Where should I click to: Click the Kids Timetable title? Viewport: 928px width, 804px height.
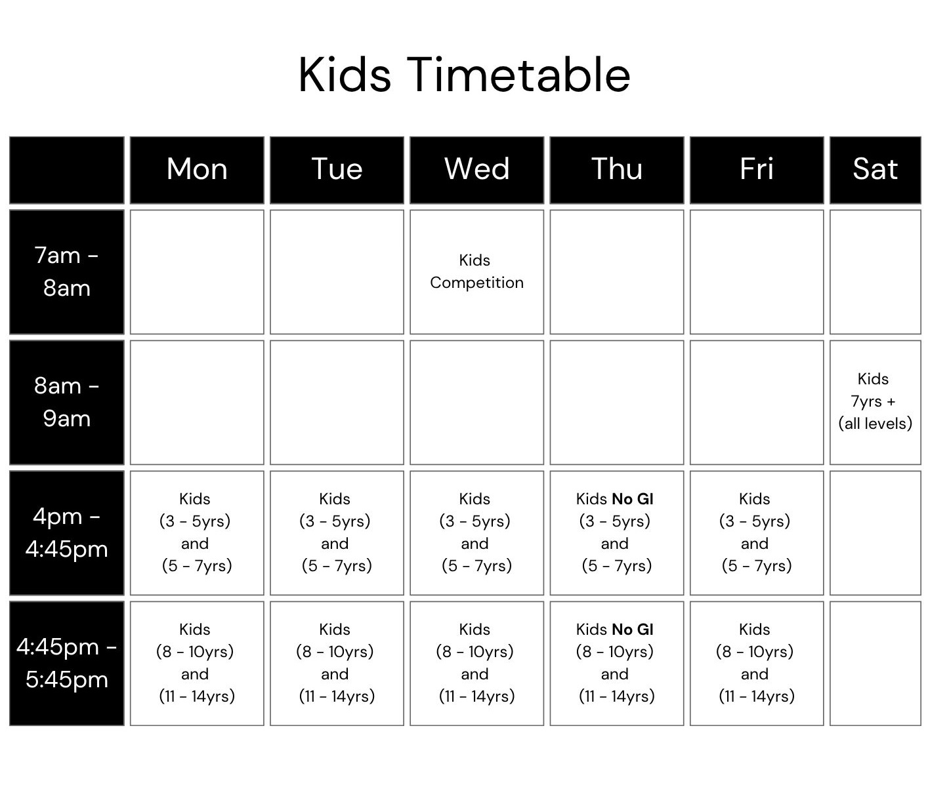[x=464, y=75]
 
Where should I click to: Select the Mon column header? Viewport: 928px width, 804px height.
[x=197, y=170]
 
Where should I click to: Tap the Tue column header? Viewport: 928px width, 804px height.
[x=337, y=170]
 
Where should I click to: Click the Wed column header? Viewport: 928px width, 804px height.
[x=476, y=170]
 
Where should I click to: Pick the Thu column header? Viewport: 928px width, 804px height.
[x=616, y=170]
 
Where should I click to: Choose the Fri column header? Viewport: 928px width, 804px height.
[x=757, y=170]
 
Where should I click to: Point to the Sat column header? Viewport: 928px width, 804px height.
[x=875, y=170]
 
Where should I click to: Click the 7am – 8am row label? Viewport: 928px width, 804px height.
[x=67, y=272]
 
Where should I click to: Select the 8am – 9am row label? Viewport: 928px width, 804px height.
[x=67, y=403]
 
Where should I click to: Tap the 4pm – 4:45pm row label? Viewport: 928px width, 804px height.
[x=67, y=533]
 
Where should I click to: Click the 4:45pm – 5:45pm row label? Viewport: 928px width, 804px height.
[x=67, y=663]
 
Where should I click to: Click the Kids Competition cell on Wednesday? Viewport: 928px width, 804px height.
[x=476, y=272]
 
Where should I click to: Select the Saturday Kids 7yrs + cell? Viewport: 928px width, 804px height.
[x=875, y=403]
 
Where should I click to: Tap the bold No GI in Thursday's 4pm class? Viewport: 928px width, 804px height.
[x=632, y=499]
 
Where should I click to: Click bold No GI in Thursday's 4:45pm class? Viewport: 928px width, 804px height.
[x=632, y=630]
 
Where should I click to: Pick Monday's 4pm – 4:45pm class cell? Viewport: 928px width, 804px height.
[x=197, y=533]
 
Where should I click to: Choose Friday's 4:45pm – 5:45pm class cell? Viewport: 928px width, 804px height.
[x=757, y=663]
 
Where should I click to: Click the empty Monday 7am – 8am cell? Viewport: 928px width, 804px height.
[x=197, y=272]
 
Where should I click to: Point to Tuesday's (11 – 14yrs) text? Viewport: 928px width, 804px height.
[x=337, y=696]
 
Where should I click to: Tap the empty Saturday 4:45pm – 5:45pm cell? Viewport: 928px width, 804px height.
[x=875, y=663]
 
